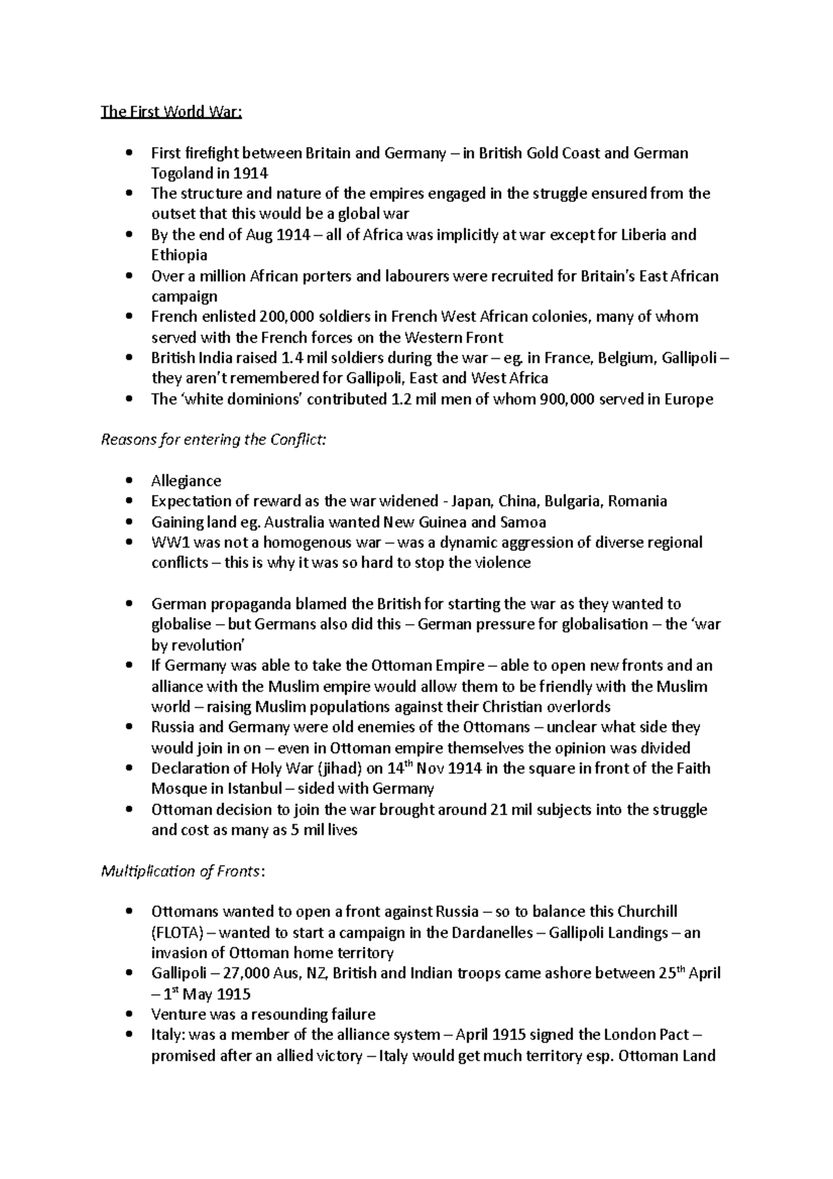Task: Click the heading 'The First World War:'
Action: tap(171, 112)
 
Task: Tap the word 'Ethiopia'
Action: tap(179, 256)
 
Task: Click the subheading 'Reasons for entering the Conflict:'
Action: tap(212, 440)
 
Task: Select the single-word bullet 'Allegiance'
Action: tap(186, 481)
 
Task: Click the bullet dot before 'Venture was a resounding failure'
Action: tap(129, 1014)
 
